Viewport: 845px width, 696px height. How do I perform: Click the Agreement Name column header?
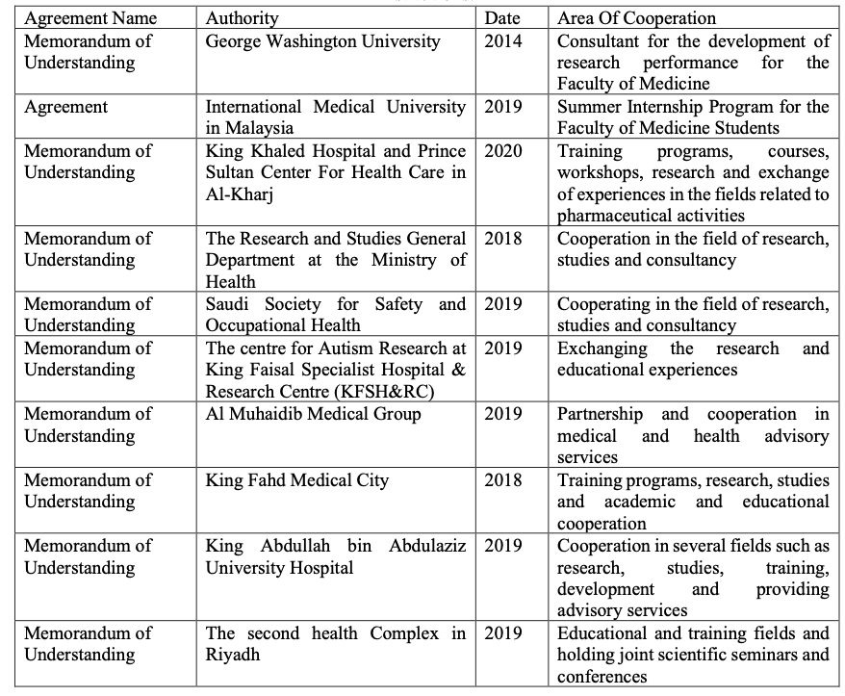(90, 18)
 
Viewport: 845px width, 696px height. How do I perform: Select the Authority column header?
(243, 18)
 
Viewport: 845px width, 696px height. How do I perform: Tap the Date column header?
(502, 18)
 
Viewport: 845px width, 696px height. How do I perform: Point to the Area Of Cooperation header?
(637, 18)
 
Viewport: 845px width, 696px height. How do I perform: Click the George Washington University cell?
(322, 41)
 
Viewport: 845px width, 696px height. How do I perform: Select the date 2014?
(503, 41)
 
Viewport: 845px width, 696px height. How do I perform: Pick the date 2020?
(503, 151)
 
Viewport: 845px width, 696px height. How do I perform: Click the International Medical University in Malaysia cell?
(336, 116)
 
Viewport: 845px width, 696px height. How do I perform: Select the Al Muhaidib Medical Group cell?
(314, 414)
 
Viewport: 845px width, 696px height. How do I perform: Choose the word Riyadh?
(232, 655)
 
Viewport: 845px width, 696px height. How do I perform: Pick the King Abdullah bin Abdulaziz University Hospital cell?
(336, 556)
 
